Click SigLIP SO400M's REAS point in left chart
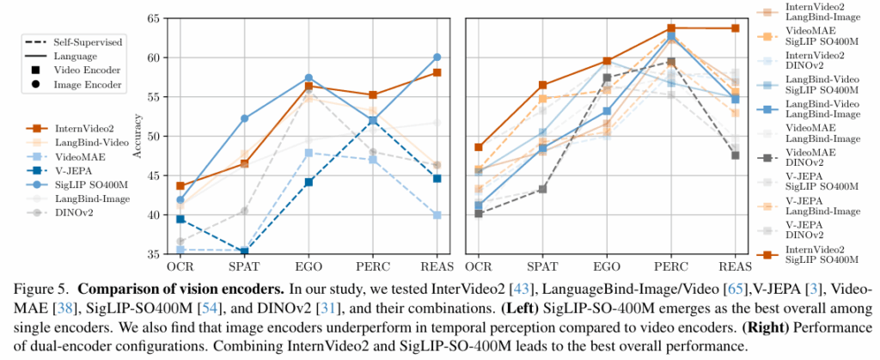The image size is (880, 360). pyautogui.click(x=437, y=58)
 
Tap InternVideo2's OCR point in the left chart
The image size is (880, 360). pyautogui.click(x=180, y=186)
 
